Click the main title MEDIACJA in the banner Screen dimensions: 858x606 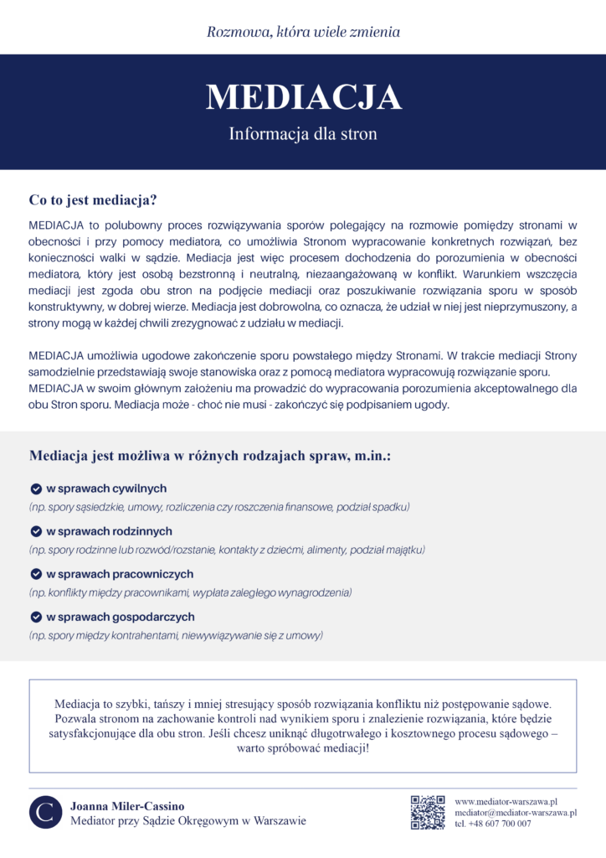click(303, 97)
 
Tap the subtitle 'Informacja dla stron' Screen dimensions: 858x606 click(303, 134)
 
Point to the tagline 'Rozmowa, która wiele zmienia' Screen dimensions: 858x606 click(303, 33)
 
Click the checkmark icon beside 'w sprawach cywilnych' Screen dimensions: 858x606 click(36, 488)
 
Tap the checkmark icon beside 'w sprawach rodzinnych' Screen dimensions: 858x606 click(36, 531)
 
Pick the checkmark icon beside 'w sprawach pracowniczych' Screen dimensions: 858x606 click(36, 574)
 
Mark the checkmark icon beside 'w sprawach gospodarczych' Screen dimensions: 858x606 click(36, 617)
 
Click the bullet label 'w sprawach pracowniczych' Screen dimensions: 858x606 click(119, 574)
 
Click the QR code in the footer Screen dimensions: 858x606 click(427, 812)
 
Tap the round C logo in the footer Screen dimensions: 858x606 click(46, 812)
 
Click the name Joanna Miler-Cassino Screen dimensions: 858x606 click(127, 805)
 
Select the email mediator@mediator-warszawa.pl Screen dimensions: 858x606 click(516, 813)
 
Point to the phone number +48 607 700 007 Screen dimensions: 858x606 click(493, 824)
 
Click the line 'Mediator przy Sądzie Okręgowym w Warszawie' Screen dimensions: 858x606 click(188, 820)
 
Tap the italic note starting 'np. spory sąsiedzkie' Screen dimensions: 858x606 click(218, 508)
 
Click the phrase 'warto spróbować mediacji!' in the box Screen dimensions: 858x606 click(303, 748)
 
